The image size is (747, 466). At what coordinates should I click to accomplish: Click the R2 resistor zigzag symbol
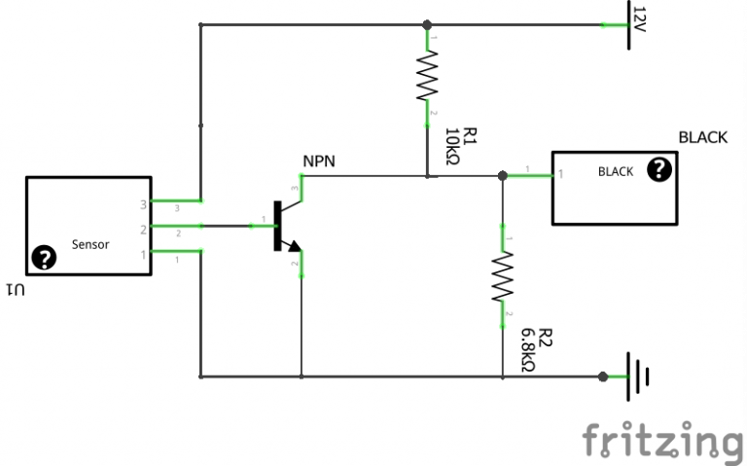[x=502, y=276]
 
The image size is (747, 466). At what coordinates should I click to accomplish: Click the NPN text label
[x=319, y=161]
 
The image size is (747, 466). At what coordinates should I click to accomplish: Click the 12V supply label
[x=638, y=19]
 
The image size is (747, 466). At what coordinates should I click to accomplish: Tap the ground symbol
[x=637, y=376]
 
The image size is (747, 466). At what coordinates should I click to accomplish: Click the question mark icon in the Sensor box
[x=43, y=258]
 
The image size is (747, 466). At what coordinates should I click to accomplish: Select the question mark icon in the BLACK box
[x=660, y=170]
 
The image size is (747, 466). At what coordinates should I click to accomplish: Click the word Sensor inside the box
[x=90, y=244]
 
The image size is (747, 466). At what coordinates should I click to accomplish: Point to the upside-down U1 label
[x=18, y=289]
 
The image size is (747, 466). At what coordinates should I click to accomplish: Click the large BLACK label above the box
[x=702, y=137]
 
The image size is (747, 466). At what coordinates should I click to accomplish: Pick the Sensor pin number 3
[x=143, y=204]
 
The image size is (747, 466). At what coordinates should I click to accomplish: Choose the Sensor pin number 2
[x=143, y=230]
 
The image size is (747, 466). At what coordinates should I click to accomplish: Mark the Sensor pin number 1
[x=143, y=254]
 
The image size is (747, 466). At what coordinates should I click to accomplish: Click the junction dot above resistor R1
[x=426, y=24]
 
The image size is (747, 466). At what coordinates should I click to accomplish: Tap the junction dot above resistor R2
[x=502, y=176]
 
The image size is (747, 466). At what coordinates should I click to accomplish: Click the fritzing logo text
[x=663, y=440]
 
